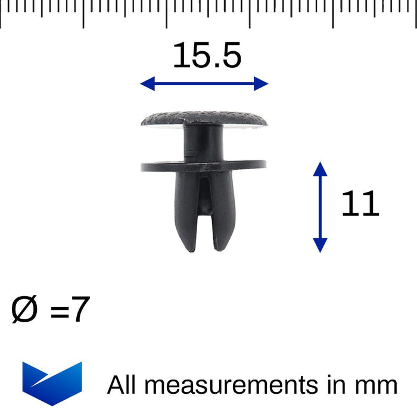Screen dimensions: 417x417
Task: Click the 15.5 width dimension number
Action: [x=207, y=56]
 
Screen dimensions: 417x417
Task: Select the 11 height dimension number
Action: [x=360, y=204]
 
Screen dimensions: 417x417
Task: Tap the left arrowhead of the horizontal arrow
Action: [x=147, y=84]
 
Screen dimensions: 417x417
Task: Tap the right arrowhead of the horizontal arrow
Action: [x=262, y=84]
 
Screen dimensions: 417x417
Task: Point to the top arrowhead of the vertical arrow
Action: [x=320, y=168]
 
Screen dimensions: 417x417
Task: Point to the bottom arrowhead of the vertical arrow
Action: [x=320, y=245]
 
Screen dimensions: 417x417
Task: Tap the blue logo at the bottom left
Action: [x=52, y=382]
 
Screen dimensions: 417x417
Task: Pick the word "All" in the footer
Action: [x=122, y=385]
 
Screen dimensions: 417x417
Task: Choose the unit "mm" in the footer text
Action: [x=377, y=386]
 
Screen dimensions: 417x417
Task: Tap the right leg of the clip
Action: [x=223, y=211]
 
